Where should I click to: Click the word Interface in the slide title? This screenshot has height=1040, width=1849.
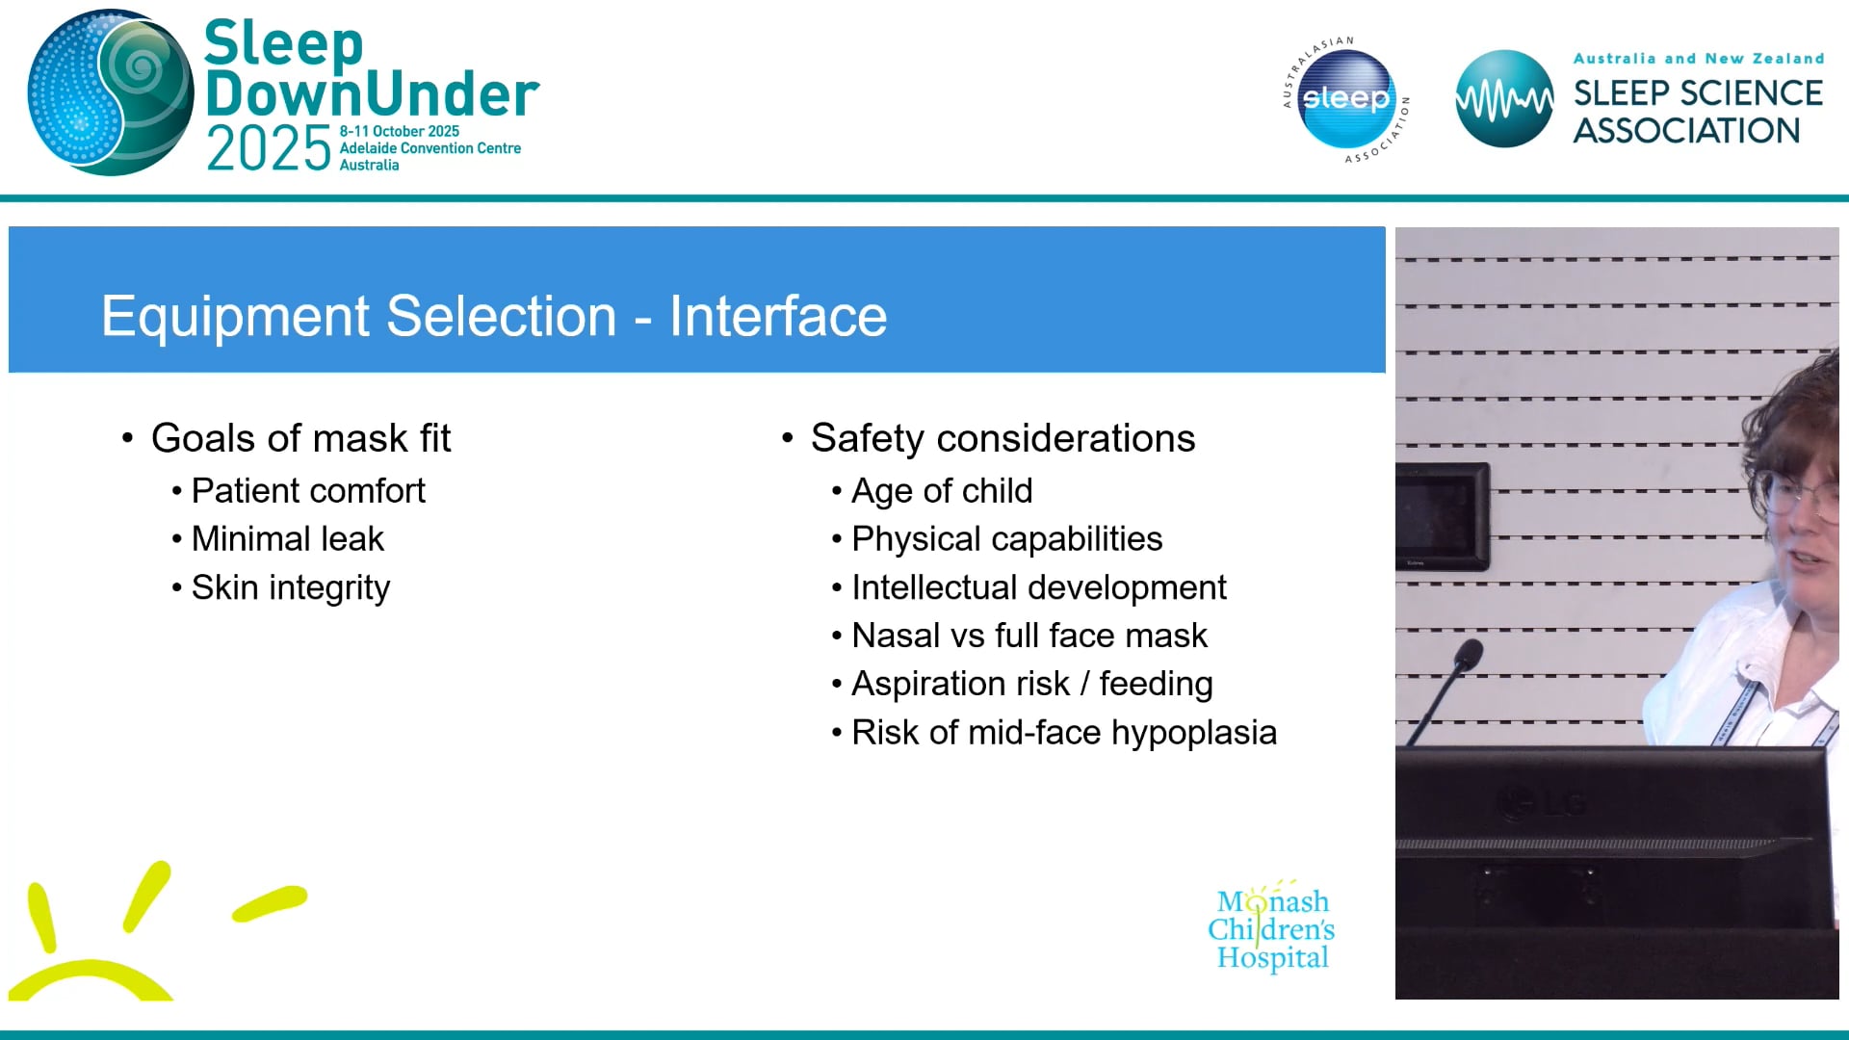(x=777, y=316)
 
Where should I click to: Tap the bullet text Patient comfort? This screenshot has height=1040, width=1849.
(x=308, y=491)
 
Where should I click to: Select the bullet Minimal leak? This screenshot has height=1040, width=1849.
(x=287, y=539)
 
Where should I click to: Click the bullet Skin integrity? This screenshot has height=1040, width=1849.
(x=290, y=587)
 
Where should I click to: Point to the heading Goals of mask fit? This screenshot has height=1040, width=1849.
(x=300, y=438)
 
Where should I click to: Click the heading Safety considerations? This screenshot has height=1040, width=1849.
(x=1003, y=438)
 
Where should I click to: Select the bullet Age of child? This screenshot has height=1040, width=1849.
(x=941, y=491)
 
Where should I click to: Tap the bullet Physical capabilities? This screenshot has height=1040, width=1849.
(x=1006, y=539)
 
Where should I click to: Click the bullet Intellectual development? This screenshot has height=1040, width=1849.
(x=1038, y=587)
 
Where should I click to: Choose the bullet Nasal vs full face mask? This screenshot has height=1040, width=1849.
(x=1029, y=636)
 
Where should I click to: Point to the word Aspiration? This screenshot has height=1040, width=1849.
(x=960, y=684)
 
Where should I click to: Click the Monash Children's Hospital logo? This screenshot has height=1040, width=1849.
(x=1271, y=928)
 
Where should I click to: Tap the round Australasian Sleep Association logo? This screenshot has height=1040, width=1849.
(x=1345, y=99)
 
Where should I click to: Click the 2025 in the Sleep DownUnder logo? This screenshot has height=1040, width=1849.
(x=269, y=149)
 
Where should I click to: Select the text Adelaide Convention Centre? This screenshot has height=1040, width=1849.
(x=430, y=148)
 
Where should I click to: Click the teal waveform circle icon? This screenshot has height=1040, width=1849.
(x=1503, y=99)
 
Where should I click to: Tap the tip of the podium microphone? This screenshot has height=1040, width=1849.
(x=1469, y=655)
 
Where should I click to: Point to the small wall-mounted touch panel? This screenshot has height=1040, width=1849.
(x=1442, y=516)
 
